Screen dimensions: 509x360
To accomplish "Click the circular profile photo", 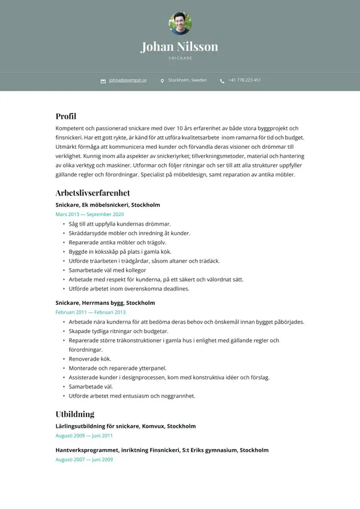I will (x=180, y=23).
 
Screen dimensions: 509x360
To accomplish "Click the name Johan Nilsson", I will (x=179, y=46).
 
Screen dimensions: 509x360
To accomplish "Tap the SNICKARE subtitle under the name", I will (x=180, y=58).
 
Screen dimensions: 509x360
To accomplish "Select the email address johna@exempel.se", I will (x=128, y=80).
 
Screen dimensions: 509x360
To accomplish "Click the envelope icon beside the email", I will (x=103, y=80).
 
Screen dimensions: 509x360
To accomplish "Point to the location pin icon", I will (x=162, y=80).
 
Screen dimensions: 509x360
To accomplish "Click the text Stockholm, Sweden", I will (x=187, y=80).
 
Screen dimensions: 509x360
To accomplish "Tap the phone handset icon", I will (x=222, y=80).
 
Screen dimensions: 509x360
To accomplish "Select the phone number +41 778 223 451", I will (x=244, y=80).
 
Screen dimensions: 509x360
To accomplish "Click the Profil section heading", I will (x=66, y=116).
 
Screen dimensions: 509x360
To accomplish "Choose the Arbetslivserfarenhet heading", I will (x=92, y=193).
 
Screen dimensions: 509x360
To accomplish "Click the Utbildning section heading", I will (x=75, y=414).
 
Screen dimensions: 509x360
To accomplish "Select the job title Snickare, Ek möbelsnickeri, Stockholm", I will (x=107, y=205).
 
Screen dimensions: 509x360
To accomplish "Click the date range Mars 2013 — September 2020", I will (x=89, y=214).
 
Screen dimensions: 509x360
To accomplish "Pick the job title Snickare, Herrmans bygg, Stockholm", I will (x=105, y=303).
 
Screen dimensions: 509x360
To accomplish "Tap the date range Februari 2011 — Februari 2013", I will (x=91, y=312).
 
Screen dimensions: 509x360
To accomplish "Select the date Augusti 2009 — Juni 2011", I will (x=84, y=436).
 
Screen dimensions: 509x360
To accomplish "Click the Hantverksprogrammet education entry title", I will (x=162, y=450).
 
